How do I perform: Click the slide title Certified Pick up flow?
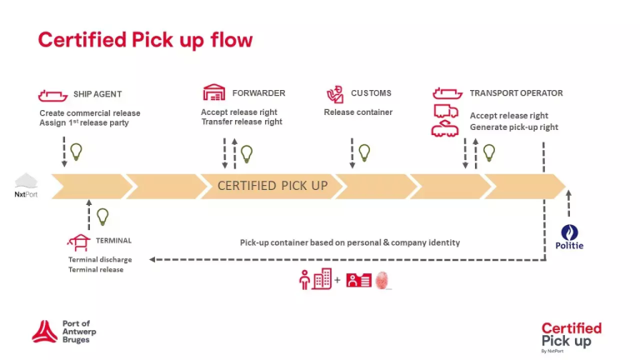point(145,40)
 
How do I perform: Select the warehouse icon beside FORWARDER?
point(214,92)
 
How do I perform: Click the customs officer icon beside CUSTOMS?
point(335,93)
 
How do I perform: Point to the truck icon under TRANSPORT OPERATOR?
point(446,112)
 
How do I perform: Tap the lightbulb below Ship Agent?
point(76,152)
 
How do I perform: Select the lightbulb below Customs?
point(363,152)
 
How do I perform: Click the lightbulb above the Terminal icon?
point(102,217)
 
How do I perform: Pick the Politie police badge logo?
point(570,233)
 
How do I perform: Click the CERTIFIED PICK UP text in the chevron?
point(272,185)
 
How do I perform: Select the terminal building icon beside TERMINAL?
point(79,241)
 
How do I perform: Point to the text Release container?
point(357,112)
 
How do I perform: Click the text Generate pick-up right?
point(513,127)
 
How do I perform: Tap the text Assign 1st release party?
point(84,122)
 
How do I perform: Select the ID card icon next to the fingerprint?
point(358,280)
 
